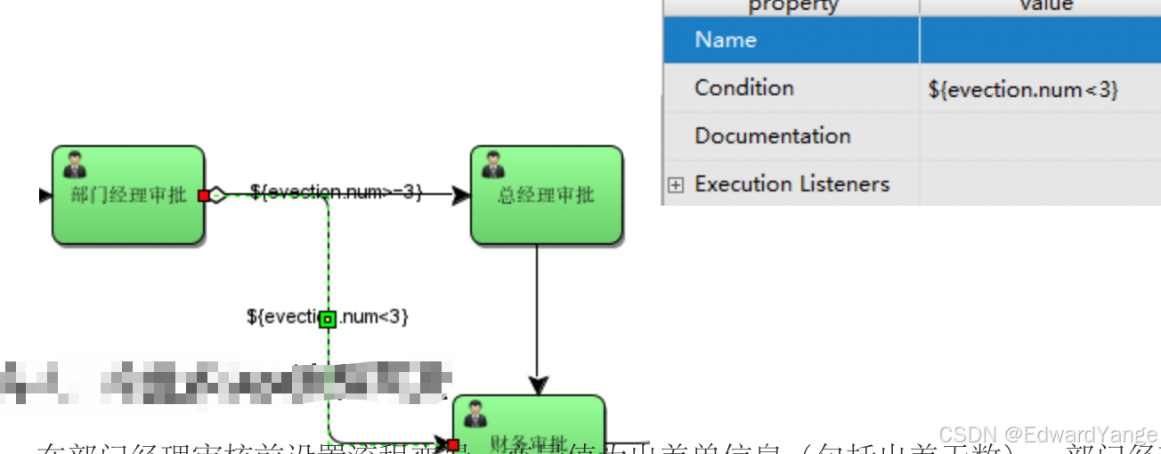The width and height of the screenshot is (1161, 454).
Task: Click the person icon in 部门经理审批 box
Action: point(75,165)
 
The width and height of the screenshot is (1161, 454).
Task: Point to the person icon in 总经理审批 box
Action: point(492,165)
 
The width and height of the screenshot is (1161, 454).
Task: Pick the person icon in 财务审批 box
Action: point(475,414)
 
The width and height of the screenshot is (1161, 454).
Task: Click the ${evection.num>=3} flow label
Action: point(336,191)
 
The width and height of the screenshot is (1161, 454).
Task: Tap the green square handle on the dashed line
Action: point(328,319)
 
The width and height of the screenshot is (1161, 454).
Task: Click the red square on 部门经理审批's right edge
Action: point(204,196)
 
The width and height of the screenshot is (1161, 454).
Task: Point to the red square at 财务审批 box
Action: point(452,444)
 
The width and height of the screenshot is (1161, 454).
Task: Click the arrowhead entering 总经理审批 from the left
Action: point(460,196)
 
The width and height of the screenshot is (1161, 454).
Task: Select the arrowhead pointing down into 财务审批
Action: point(537,385)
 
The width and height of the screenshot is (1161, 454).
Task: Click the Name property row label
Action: point(726,40)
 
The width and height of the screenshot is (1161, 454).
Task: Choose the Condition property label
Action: point(743,88)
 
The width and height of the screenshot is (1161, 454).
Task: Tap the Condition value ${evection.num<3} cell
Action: point(1022,89)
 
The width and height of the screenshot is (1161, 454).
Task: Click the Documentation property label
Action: point(772,136)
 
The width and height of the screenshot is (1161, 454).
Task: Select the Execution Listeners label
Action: point(792,184)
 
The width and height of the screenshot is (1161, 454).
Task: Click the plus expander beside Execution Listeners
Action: point(676,185)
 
